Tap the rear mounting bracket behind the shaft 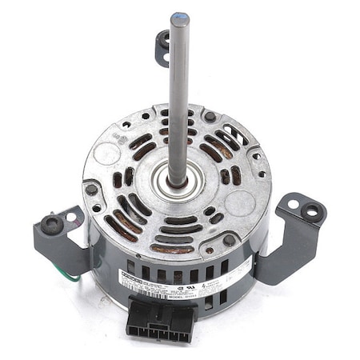tap(162, 47)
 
